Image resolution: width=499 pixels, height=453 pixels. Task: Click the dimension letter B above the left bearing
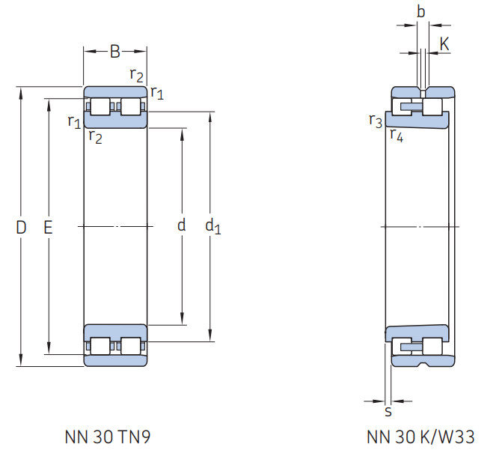click(115, 51)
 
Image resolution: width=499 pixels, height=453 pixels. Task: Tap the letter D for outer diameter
click(21, 228)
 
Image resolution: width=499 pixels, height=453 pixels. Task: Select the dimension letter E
click(48, 228)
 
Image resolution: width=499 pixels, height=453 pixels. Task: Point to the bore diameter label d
click(181, 225)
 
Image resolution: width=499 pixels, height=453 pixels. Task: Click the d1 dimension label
click(213, 226)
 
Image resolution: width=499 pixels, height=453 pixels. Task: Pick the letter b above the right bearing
click(420, 12)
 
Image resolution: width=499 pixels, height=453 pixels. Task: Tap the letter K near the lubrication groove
click(444, 43)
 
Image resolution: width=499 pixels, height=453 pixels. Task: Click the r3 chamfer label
click(376, 121)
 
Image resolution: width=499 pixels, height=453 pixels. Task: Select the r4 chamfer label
click(397, 135)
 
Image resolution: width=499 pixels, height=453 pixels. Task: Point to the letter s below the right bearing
click(388, 411)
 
